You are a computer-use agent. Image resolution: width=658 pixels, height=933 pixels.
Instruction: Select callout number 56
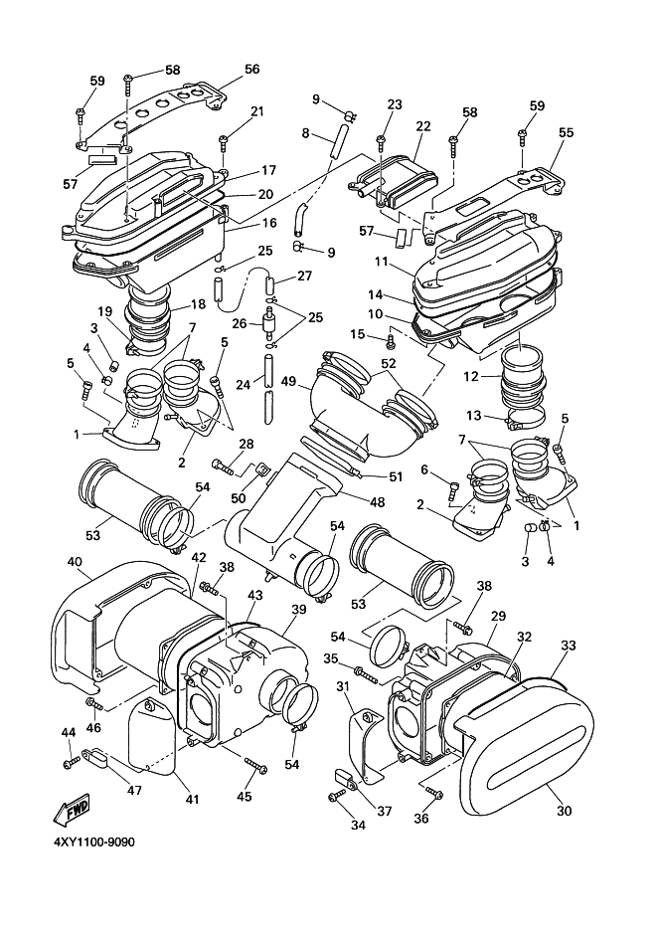[252, 69]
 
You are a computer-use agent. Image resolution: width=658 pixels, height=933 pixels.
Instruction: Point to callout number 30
[565, 811]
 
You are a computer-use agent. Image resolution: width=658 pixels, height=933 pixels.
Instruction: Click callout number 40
[75, 561]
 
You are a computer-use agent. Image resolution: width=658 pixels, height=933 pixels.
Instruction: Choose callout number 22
[423, 126]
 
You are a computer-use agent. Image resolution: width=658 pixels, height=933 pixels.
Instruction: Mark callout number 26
[239, 324]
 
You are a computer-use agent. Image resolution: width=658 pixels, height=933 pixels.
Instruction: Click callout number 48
[378, 502]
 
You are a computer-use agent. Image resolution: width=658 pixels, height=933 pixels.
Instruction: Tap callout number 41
[192, 800]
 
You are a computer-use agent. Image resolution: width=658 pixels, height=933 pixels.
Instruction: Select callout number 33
[569, 645]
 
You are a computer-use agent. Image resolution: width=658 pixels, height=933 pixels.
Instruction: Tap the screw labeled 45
[255, 765]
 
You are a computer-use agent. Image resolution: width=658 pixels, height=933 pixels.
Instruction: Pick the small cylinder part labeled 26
[270, 322]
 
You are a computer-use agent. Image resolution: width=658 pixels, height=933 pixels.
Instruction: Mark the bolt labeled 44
[71, 761]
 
